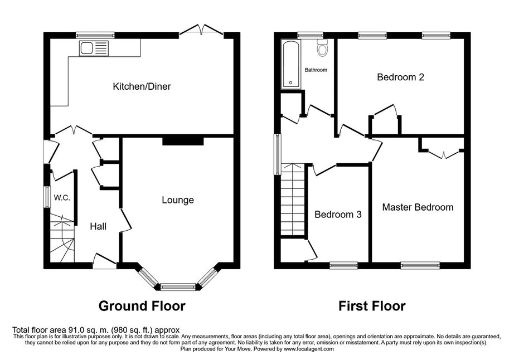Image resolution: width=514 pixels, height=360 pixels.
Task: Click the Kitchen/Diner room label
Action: click(x=142, y=86)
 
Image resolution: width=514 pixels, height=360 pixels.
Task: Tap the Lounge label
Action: click(x=178, y=200)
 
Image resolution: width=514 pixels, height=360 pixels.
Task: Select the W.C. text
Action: click(x=62, y=197)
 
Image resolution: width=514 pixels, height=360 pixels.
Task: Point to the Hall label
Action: click(x=98, y=226)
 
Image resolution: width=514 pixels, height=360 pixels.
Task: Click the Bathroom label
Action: click(x=316, y=70)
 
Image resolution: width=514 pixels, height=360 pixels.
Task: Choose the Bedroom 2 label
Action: click(x=401, y=77)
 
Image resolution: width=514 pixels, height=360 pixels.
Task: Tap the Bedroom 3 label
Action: click(x=338, y=215)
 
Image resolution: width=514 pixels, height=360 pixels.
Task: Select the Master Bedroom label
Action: click(x=418, y=207)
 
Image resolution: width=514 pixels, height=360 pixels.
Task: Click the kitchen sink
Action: click(x=94, y=48)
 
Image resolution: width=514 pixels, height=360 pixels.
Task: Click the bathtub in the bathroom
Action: click(x=291, y=64)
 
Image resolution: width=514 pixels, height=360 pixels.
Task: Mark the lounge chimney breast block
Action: click(x=183, y=141)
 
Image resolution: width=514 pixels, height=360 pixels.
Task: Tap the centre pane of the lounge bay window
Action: click(x=178, y=288)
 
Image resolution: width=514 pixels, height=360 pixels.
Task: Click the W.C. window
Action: click(x=47, y=197)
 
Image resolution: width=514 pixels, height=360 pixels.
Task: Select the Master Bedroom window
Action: click(x=420, y=265)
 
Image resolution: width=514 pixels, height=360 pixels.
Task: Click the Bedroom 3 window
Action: click(x=343, y=265)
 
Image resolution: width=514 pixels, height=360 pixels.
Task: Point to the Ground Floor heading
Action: click(x=142, y=306)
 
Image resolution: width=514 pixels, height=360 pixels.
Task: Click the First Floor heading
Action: click(x=372, y=306)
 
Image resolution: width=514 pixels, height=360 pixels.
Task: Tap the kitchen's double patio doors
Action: click(x=201, y=30)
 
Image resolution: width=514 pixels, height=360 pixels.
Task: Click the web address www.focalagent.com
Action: click(x=309, y=349)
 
